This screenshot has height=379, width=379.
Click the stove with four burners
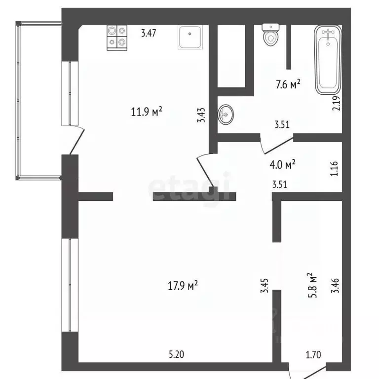(116, 37)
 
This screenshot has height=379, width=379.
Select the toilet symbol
(270, 35)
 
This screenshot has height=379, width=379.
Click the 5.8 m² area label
(311, 284)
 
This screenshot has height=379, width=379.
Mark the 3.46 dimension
(336, 285)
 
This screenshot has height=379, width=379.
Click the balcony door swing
(76, 140)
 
